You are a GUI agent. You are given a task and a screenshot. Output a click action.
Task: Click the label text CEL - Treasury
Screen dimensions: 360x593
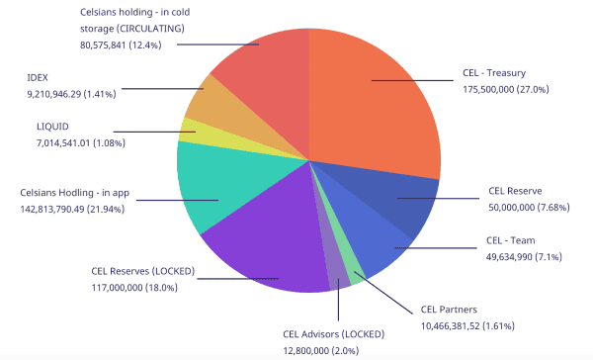pyautogui.click(x=500, y=72)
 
